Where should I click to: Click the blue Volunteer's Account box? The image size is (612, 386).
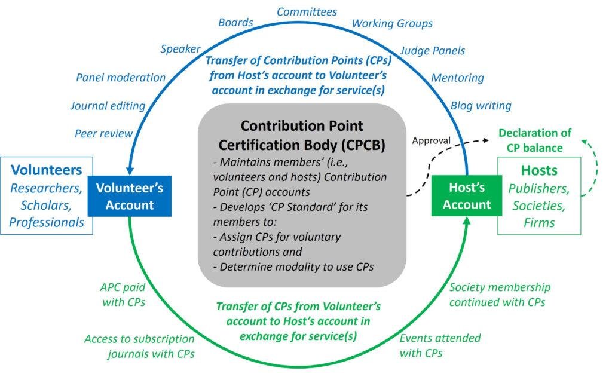click(130, 196)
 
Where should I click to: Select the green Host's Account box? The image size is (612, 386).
click(467, 196)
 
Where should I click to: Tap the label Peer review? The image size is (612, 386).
click(103, 133)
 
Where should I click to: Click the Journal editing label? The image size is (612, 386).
click(108, 106)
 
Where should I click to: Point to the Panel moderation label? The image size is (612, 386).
click(121, 78)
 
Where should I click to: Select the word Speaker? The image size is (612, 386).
click(180, 49)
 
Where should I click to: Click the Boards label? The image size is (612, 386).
click(235, 23)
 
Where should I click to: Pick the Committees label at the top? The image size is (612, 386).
click(307, 11)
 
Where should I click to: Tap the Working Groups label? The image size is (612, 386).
click(392, 23)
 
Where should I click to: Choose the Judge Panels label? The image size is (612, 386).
click(432, 50)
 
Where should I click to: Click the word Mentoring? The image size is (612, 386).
click(457, 78)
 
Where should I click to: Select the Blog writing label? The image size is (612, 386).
click(481, 106)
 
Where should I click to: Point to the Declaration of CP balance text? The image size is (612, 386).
click(535, 140)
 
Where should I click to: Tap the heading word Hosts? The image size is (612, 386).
click(538, 170)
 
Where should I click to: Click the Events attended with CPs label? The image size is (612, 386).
click(439, 345)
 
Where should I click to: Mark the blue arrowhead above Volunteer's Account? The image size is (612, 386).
click(130, 171)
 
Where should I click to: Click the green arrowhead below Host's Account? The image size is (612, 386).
click(467, 222)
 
